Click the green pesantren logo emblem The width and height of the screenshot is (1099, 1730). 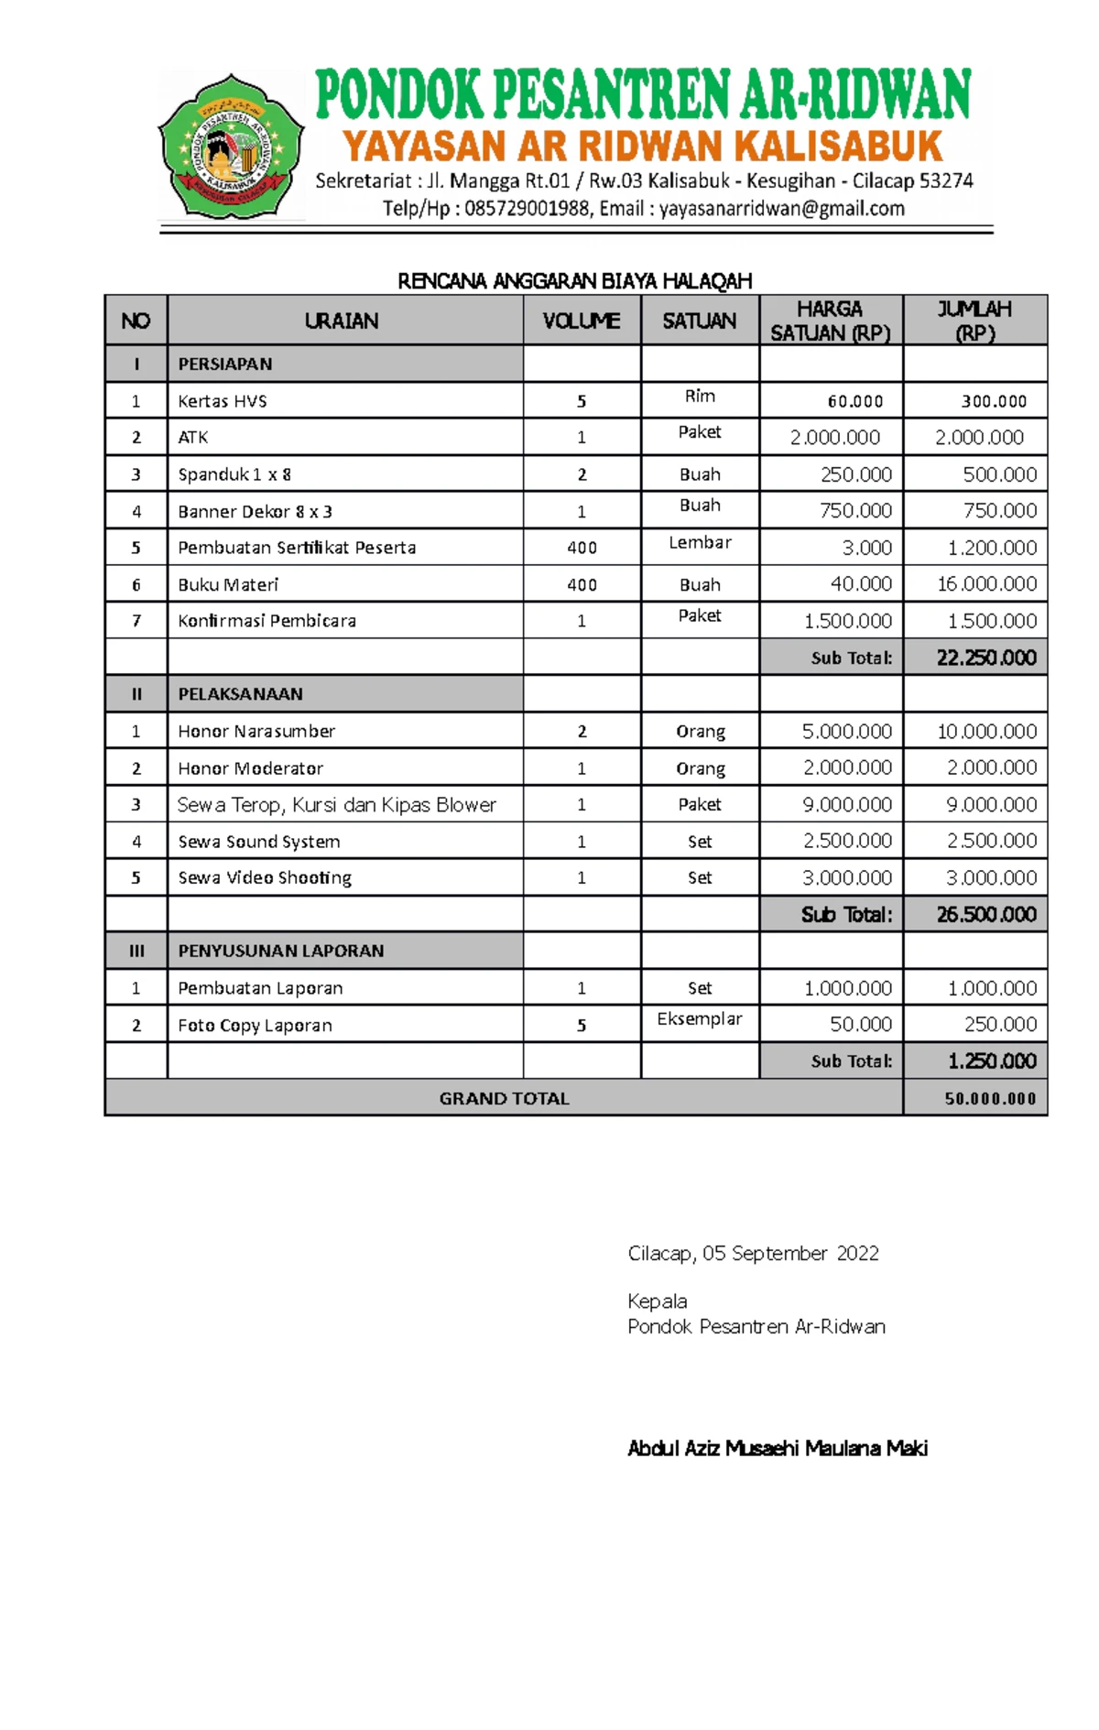tap(231, 147)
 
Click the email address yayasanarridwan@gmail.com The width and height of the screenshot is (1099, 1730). tap(781, 209)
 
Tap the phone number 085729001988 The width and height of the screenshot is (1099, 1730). tap(527, 209)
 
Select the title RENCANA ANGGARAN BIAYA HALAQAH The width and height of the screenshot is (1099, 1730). tap(574, 281)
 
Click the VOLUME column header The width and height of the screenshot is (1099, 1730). tap(581, 321)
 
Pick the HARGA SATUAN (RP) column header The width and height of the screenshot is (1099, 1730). tap(830, 321)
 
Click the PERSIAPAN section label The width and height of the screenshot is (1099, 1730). tap(225, 364)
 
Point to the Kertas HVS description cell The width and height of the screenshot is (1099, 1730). tap(223, 401)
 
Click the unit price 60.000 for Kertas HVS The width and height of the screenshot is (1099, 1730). tap(854, 401)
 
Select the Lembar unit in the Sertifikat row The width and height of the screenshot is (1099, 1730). tap(700, 542)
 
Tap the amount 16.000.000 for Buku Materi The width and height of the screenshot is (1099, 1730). tap(986, 583)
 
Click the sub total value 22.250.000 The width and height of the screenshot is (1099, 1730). tap(985, 658)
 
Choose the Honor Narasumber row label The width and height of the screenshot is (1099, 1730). tap(256, 731)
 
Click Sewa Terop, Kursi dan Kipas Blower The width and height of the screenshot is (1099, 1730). tap(336, 804)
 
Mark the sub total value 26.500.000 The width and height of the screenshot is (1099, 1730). tap(985, 914)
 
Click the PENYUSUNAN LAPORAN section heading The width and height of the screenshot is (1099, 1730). tap(280, 951)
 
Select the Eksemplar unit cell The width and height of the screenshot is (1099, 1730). tap(700, 1018)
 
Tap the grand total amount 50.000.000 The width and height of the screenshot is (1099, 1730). tap(990, 1098)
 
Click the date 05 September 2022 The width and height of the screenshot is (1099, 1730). tap(790, 1253)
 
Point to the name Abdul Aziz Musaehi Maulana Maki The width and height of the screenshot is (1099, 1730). tap(777, 1448)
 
